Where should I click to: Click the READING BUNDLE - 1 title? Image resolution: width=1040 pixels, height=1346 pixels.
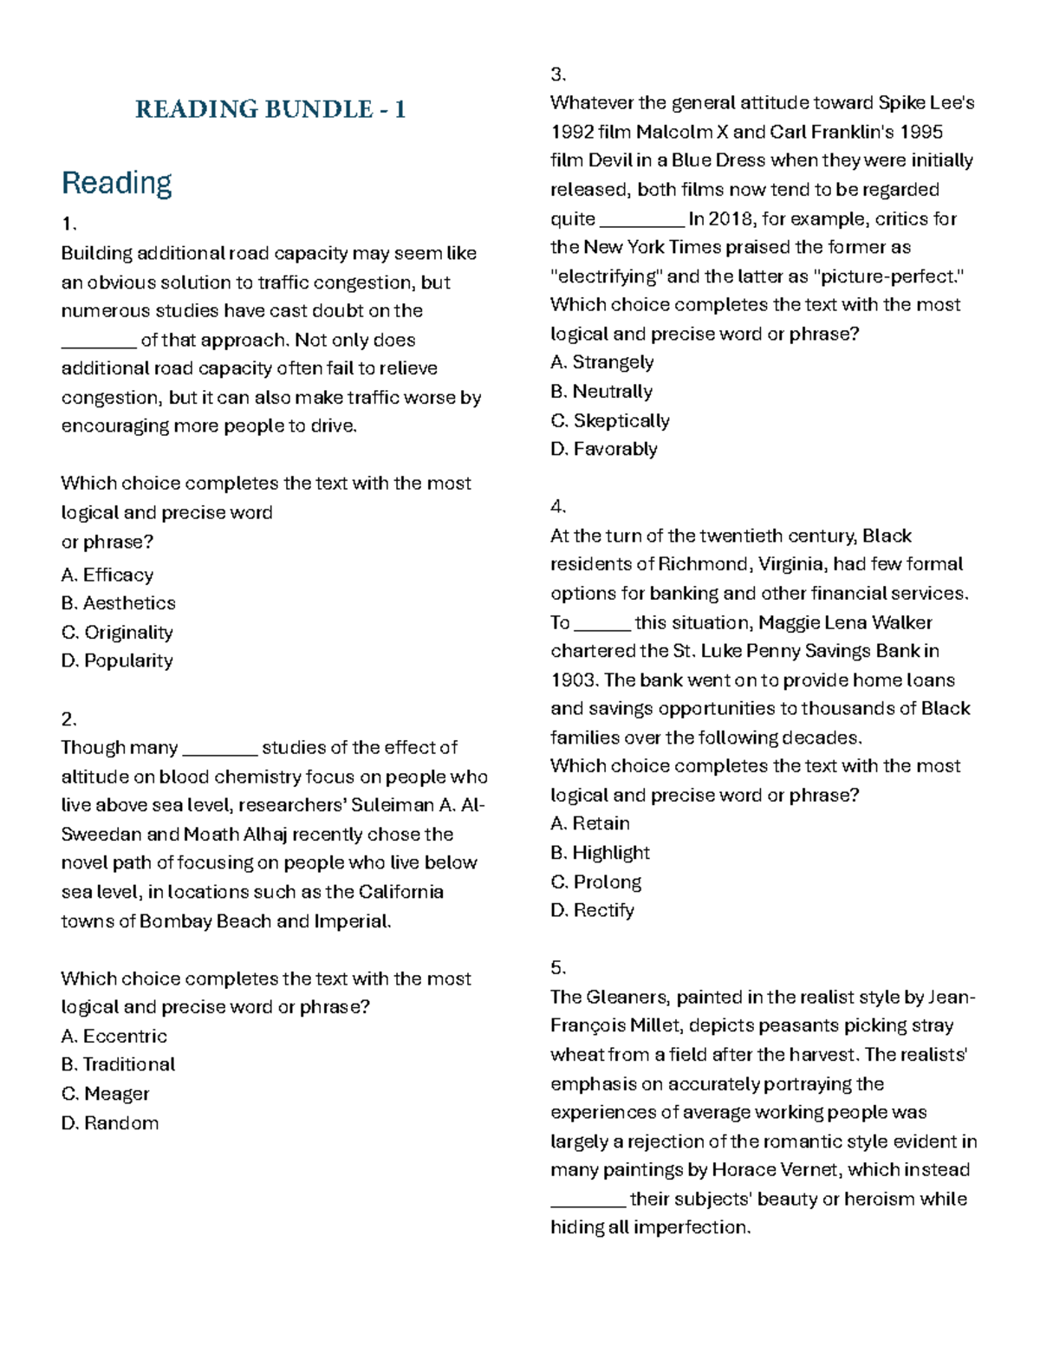[x=270, y=109]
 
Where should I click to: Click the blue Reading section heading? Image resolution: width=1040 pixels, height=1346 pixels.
[x=116, y=183]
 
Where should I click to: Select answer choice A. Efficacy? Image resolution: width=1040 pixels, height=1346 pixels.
[x=107, y=575]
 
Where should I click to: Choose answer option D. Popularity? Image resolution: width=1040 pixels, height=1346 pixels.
[x=117, y=660]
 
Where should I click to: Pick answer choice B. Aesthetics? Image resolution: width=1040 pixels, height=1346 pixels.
[x=119, y=603]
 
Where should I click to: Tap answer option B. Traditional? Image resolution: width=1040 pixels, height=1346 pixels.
[x=119, y=1064]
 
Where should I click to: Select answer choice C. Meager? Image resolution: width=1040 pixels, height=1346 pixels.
[x=106, y=1094]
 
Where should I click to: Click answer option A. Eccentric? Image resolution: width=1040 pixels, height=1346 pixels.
[x=114, y=1036]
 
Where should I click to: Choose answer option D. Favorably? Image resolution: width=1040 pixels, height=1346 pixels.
[x=604, y=449]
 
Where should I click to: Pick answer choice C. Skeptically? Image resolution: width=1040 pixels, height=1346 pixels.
[x=610, y=420]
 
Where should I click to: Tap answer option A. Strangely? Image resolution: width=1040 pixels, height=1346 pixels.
[x=602, y=362]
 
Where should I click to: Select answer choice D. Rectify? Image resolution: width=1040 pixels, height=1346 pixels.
[x=593, y=910]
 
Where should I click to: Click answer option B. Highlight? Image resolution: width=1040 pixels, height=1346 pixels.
[x=600, y=853]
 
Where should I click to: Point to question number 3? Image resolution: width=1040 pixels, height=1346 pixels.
[x=557, y=74]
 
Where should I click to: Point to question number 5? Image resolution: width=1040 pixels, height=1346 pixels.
[x=557, y=967]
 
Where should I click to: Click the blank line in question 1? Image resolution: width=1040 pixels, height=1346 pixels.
[x=99, y=341]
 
